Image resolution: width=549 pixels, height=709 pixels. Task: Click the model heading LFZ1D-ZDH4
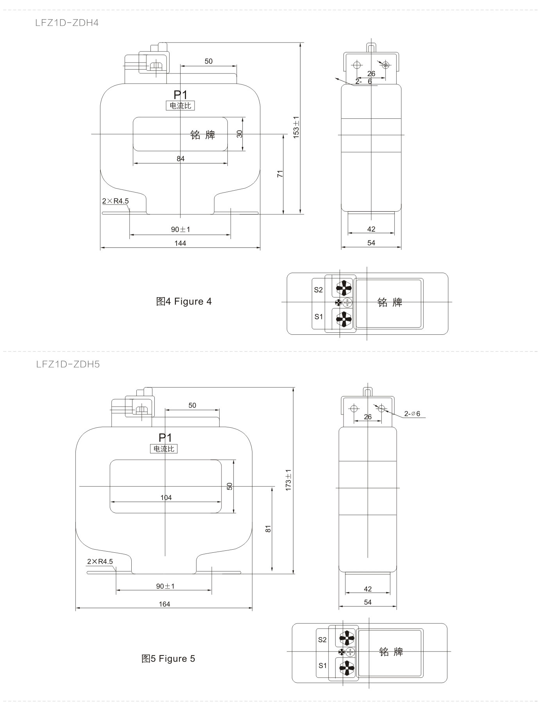tap(67, 23)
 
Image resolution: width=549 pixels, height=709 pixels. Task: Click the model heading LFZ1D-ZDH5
tap(68, 364)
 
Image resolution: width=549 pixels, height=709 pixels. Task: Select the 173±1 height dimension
tap(288, 480)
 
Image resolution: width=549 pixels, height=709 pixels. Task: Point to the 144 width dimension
tap(180, 243)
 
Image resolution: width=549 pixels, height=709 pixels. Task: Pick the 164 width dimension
tap(165, 604)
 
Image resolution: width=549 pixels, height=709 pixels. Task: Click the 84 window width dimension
tap(181, 159)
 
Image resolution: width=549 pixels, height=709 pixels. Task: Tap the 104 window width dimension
tap(166, 498)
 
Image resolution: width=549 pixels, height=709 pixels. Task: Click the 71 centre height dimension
tap(280, 174)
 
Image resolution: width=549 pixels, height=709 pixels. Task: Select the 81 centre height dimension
tap(268, 529)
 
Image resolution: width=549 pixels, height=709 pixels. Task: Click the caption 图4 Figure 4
tap(184, 302)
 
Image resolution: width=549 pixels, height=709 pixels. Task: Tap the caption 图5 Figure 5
tap(168, 659)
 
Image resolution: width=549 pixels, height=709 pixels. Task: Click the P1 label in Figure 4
tap(181, 95)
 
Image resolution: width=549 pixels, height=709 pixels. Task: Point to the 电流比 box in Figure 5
tap(164, 449)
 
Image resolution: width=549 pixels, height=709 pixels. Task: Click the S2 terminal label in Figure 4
tap(318, 290)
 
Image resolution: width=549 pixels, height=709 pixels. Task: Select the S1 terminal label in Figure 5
tap(322, 666)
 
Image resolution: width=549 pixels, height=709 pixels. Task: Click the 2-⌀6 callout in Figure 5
tap(412, 414)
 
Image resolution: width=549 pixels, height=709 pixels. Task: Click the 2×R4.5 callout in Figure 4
tap(115, 201)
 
